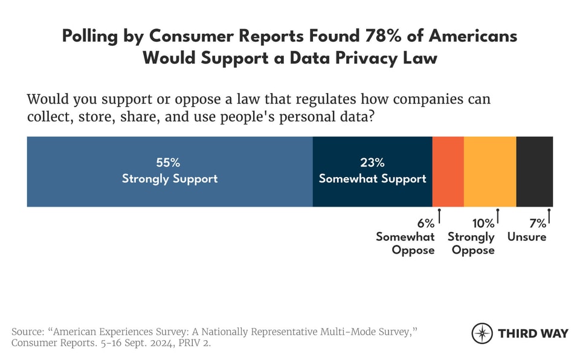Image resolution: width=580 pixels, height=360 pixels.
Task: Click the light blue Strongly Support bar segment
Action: coord(169,172)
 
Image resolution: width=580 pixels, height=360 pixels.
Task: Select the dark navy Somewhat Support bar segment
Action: coord(372,172)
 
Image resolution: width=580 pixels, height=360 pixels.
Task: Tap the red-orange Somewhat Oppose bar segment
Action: coord(448,172)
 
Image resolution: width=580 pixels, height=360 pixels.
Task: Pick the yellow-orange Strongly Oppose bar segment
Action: coord(489,172)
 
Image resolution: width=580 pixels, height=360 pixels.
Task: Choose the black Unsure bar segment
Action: coord(534,172)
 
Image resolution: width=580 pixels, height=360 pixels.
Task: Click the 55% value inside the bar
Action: coord(169,163)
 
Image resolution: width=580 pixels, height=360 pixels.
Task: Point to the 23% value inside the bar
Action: coord(372,163)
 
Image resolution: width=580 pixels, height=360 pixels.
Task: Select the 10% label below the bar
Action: coord(481,223)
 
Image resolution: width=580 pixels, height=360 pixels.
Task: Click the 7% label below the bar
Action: coord(537,223)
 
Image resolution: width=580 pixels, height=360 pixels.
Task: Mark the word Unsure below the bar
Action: coord(527,237)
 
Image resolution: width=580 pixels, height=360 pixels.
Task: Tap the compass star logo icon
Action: coord(482,333)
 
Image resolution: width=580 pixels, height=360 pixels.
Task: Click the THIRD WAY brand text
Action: coord(532,333)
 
